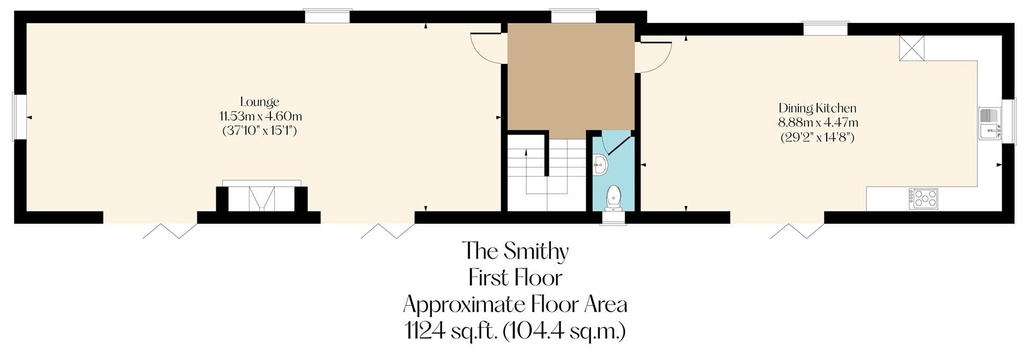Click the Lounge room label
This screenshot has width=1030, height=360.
(260, 102)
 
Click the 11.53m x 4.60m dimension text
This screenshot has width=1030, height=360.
(260, 116)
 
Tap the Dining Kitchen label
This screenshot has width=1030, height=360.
(817, 108)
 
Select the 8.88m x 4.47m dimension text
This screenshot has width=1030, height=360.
(818, 122)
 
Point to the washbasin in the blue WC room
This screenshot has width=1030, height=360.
(600, 164)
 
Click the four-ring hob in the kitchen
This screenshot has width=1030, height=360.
(923, 199)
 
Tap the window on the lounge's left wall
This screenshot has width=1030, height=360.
(20, 117)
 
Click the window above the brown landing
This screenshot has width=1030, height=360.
(574, 17)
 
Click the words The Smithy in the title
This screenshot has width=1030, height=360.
(515, 251)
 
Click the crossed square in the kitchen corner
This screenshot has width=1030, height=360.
(912, 48)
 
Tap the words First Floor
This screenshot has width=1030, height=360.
(515, 278)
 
